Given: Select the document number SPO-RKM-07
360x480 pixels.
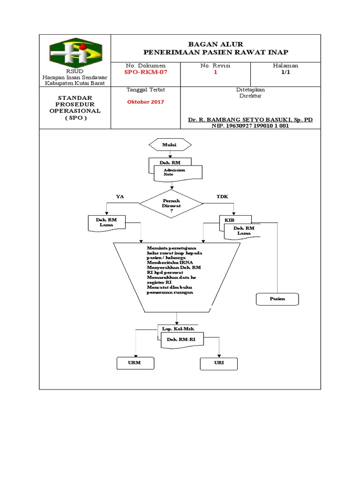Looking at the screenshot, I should pos(145,73).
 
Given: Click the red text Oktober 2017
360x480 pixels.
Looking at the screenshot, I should pos(145,102).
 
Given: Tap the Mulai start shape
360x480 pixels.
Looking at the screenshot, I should pos(169,145).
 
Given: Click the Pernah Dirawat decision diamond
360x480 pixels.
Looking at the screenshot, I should pos(171,204).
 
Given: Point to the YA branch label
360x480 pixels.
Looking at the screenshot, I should pos(120,196).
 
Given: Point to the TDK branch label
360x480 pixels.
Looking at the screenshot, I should pos(222,196).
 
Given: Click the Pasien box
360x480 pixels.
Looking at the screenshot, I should pos(277,299).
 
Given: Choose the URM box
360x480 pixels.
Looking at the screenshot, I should pos(135,363).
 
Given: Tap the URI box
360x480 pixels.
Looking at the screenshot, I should pos(219,363).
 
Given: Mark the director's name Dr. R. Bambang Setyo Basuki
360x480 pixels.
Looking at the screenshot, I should pos(250,120).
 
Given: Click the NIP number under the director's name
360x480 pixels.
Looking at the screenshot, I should pos(250,126).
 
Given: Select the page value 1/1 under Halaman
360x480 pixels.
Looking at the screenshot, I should pos(286,73).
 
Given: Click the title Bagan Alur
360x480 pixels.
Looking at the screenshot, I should pos(216,44).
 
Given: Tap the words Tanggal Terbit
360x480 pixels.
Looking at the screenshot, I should pos(145,89).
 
